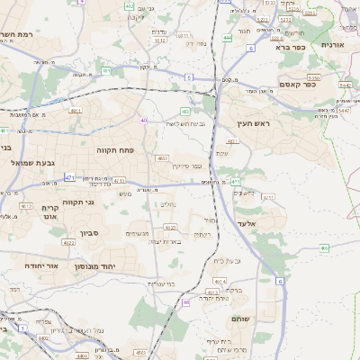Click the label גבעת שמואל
(34, 162)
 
